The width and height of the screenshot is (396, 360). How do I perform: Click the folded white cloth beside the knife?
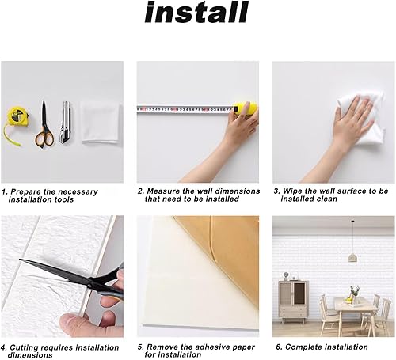click(99, 121)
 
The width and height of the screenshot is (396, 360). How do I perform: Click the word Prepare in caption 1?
click(28, 191)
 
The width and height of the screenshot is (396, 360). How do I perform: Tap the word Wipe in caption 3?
click(293, 191)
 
